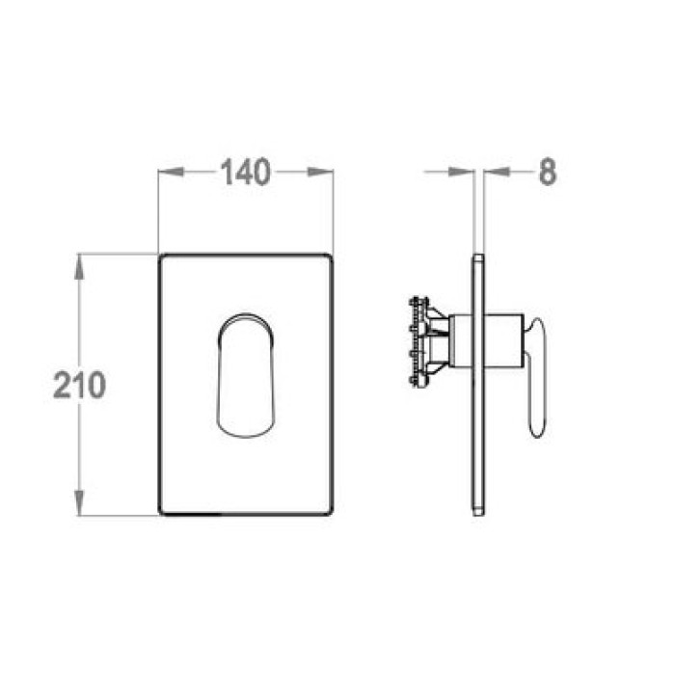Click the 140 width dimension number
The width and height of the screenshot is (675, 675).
245,172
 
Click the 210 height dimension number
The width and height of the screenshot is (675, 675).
79,385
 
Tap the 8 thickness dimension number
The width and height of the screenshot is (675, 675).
548,172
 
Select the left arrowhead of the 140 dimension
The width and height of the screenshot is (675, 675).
172,172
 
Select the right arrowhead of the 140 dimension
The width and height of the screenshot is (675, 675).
320,172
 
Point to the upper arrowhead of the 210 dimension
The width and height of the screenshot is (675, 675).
79,267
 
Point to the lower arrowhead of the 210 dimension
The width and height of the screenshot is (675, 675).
79,502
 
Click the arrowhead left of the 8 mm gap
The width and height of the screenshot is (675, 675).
461,172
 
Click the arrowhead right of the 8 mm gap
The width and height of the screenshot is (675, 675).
497,172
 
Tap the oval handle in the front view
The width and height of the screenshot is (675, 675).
245,375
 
